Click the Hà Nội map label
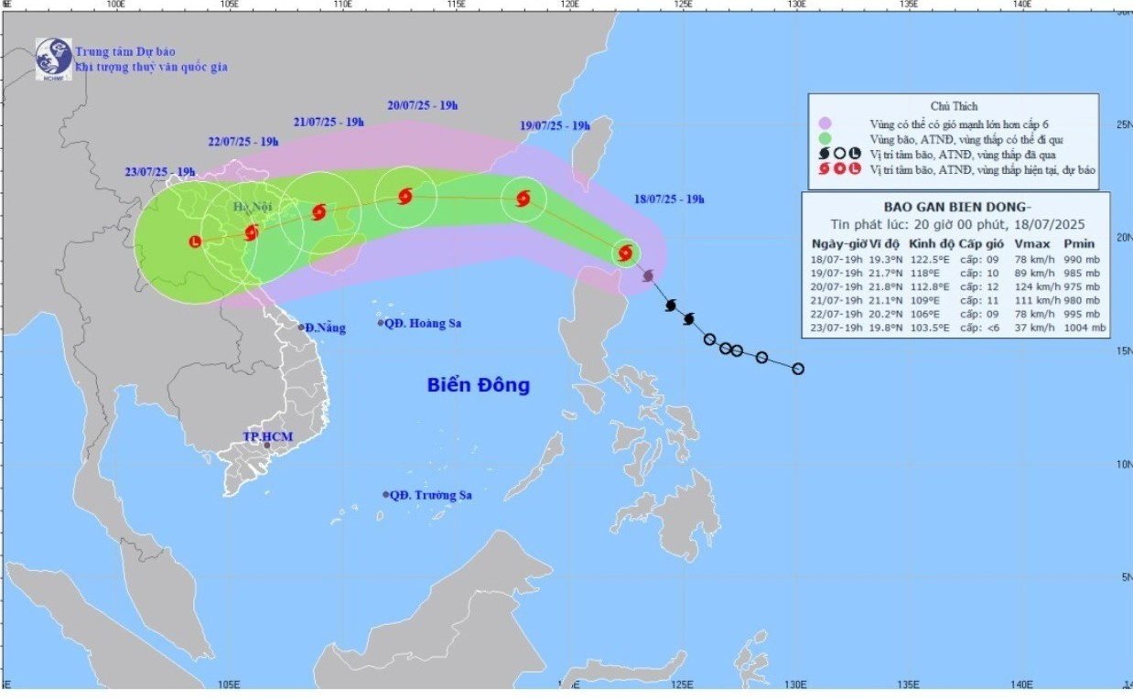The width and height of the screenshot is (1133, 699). coord(246,208)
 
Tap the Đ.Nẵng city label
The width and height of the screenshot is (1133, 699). coord(325,328)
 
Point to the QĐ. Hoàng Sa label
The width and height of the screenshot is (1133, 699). coord(422,323)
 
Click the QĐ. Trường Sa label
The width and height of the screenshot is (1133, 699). coord(430,495)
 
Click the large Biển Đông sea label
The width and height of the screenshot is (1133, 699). coord(478,385)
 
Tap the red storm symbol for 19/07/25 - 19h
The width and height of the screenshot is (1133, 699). coord(523,198)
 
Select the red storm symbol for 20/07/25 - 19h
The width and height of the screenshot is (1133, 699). coord(405,196)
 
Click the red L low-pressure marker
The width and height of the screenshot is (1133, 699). coord(194,242)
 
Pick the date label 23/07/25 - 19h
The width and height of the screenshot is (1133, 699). coord(160,172)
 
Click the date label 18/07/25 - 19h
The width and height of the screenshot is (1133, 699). coord(669,199)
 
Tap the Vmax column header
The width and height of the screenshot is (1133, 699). coord(1029,243)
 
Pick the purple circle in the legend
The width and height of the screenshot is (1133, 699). coord(825,123)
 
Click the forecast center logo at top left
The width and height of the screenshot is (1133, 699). coord(53,58)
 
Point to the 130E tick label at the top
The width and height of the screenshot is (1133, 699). coord(795,5)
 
